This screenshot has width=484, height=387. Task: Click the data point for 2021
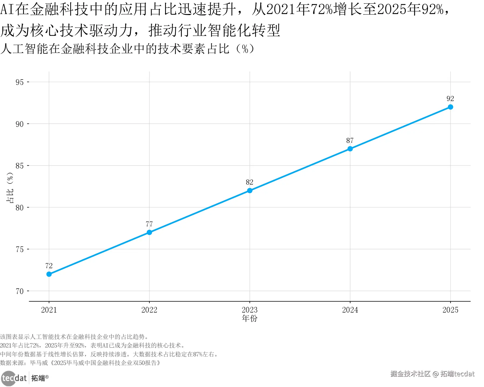pyautogui.click(x=49, y=274)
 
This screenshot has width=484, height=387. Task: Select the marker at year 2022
pyautogui.click(x=149, y=232)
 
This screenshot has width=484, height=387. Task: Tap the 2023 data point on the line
pyautogui.click(x=250, y=191)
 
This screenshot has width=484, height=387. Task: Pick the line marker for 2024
pyautogui.click(x=350, y=149)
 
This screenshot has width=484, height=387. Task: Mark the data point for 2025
pyautogui.click(x=450, y=107)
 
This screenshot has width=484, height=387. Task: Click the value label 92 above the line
pyautogui.click(x=450, y=99)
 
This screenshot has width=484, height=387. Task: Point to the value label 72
pyautogui.click(x=49, y=266)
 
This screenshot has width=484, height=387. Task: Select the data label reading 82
pyautogui.click(x=250, y=182)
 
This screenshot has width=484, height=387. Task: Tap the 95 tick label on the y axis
pyautogui.click(x=20, y=82)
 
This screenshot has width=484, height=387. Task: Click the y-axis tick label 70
pyautogui.click(x=20, y=291)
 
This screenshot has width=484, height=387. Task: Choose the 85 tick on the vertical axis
pyautogui.click(x=20, y=166)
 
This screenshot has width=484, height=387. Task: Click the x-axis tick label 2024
pyautogui.click(x=350, y=310)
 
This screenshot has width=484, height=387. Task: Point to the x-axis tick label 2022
pyautogui.click(x=149, y=310)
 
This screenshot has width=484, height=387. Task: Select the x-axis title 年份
pyautogui.click(x=250, y=318)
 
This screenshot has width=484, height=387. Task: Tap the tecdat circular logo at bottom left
pyautogui.click(x=9, y=378)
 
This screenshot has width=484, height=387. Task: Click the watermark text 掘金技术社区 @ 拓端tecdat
pyautogui.click(x=432, y=374)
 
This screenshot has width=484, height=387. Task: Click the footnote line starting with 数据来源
pyautogui.click(x=80, y=363)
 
